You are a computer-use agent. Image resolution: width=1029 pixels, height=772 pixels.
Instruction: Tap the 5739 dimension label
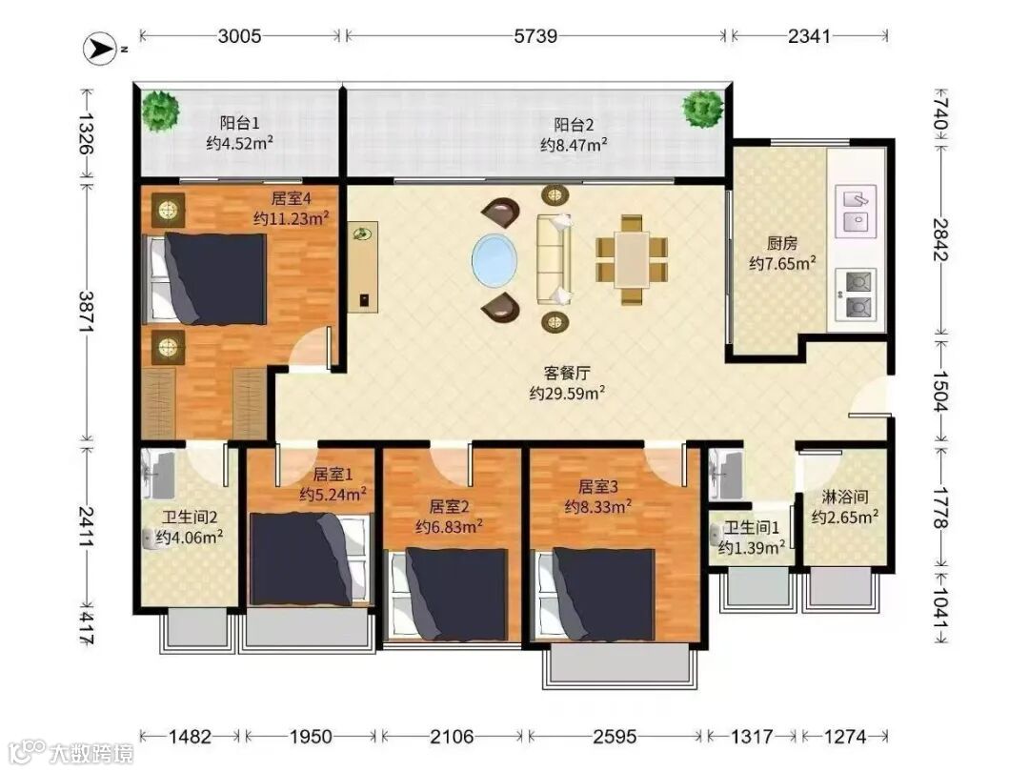(535, 35)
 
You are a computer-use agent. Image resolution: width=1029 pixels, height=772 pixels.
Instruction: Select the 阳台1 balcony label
(239, 123)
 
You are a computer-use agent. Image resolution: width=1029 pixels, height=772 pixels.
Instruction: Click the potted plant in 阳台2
(702, 109)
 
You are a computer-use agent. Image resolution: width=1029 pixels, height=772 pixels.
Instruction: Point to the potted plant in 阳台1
(161, 111)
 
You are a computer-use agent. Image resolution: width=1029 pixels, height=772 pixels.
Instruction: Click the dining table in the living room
(632, 260)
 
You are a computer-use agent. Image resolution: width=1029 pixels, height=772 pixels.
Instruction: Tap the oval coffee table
(494, 260)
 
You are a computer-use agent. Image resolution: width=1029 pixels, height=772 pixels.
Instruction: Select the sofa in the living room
(555, 259)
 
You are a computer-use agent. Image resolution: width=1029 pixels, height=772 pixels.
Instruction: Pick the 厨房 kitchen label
(782, 244)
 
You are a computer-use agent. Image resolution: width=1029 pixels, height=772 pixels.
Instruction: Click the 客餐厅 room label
(567, 373)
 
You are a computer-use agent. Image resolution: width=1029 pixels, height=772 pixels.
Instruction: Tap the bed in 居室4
(205, 279)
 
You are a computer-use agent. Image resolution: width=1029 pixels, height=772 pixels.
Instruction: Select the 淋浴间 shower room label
(845, 497)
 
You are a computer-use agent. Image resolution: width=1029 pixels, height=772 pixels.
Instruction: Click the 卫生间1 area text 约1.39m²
(752, 547)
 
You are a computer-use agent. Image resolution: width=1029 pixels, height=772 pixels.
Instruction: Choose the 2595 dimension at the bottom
(615, 737)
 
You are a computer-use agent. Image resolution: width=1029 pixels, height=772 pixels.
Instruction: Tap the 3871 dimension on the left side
(86, 311)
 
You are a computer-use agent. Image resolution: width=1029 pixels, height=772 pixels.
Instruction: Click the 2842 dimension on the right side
(941, 239)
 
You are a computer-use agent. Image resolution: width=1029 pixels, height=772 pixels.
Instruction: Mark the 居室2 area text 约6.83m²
(449, 526)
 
